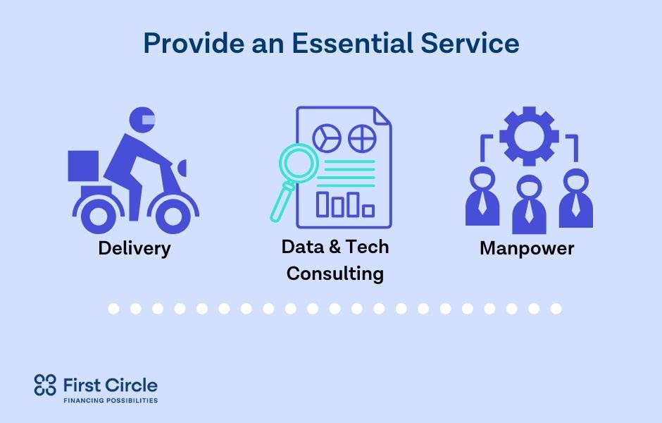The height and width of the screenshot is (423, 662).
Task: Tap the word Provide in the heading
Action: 194,43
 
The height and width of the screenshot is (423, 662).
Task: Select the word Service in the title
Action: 470,43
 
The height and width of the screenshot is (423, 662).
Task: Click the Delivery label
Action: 135,248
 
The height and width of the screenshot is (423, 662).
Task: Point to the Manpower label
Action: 527,248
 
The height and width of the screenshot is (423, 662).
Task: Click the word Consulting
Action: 335,274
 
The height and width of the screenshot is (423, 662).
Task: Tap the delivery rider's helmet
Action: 142,120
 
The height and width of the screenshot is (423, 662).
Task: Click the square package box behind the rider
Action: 83,166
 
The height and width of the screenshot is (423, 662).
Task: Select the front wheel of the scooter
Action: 173,216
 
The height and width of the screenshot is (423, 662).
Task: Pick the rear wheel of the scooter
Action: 98,216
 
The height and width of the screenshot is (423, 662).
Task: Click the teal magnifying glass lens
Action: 299,164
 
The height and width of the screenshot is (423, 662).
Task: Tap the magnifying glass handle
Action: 281,202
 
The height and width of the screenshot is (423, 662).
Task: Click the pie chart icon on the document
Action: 327,138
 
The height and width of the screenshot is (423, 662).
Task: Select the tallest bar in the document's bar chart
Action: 323,204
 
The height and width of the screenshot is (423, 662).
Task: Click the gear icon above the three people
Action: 529,136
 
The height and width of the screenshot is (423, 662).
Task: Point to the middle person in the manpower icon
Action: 529,204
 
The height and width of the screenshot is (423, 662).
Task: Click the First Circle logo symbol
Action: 45,385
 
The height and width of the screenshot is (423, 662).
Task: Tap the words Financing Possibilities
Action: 111,400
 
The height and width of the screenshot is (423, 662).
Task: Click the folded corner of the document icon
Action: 382,116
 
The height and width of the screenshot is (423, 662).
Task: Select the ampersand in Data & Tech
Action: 335,247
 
